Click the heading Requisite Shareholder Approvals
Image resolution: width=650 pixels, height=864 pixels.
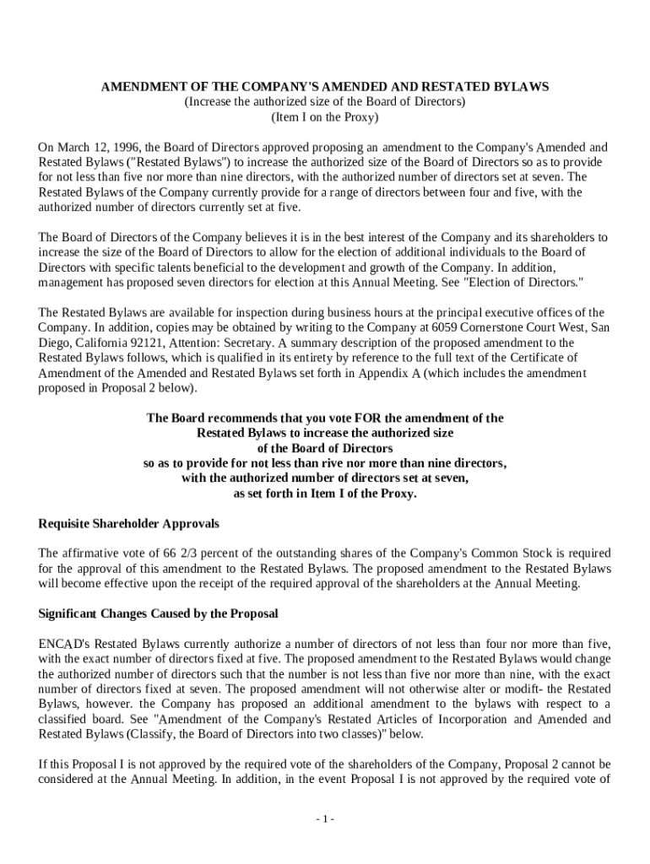129,523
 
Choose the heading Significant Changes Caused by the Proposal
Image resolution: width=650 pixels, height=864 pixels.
159,613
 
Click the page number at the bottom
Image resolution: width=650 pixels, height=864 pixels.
325,819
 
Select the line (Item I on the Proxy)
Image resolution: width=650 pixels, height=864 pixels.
325,116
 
